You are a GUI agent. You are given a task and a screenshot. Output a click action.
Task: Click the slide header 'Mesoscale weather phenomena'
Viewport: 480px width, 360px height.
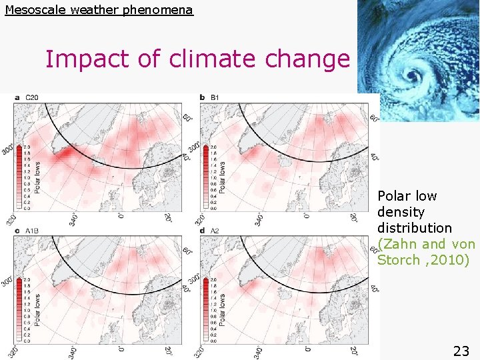(99, 10)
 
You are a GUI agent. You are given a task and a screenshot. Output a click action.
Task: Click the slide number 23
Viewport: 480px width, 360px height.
(461, 351)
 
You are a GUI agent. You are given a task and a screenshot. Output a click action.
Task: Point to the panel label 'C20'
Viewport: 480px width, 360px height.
(32, 97)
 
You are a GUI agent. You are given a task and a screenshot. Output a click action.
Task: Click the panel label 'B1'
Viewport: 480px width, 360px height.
(215, 97)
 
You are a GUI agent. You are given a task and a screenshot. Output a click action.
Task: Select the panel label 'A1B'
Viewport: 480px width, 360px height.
(32, 230)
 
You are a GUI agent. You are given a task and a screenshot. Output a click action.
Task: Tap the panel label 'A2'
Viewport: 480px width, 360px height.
(215, 230)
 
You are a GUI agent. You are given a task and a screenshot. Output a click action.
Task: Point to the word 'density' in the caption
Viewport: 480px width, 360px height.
(401, 212)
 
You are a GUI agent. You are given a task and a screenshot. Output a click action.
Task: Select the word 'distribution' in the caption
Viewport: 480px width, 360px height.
(415, 228)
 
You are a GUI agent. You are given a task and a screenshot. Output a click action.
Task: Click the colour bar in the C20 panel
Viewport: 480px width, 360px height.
(19, 177)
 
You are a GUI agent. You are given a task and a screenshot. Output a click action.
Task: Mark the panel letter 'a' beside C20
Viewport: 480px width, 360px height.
(17, 97)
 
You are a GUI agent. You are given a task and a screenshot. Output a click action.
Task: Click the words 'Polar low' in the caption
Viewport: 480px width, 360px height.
(407, 196)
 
